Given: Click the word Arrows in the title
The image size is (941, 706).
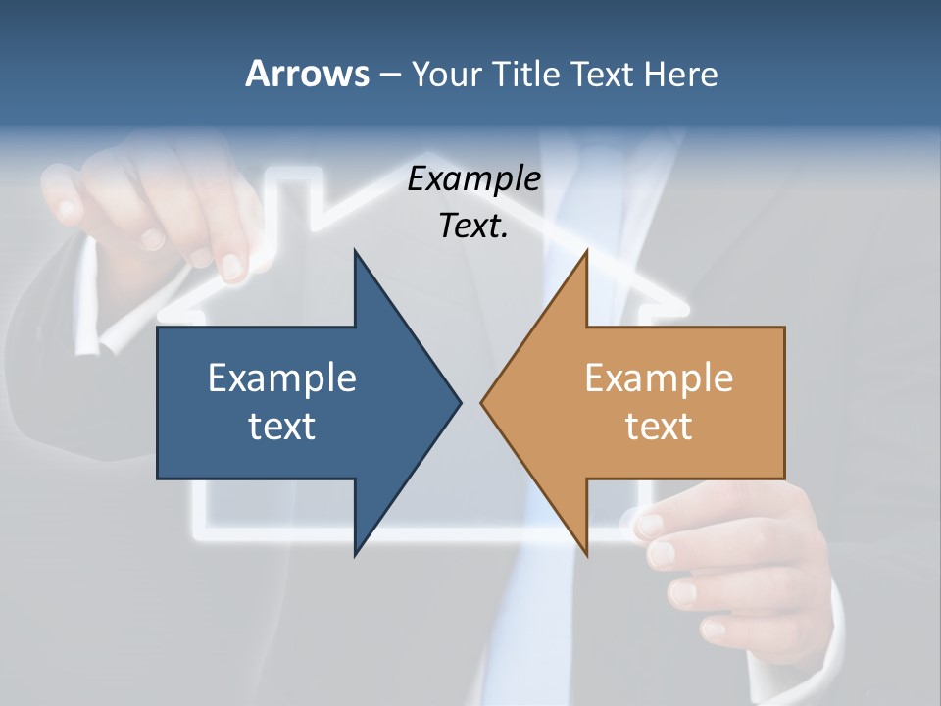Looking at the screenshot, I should [x=307, y=74].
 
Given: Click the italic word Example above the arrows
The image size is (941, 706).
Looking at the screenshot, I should [x=474, y=179].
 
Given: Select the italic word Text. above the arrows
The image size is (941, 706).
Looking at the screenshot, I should [x=474, y=227].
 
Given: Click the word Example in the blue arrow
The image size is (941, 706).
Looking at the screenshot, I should [x=282, y=378].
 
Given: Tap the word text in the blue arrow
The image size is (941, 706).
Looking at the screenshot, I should [x=282, y=426].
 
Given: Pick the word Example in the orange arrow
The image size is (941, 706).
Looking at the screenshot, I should [x=659, y=378].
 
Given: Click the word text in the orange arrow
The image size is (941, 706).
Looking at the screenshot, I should [x=659, y=426].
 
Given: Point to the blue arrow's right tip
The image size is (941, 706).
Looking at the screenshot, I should [x=459, y=402].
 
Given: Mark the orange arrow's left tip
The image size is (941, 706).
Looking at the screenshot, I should [x=482, y=402].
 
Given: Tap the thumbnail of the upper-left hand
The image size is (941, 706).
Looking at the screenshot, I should [x=153, y=238].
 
